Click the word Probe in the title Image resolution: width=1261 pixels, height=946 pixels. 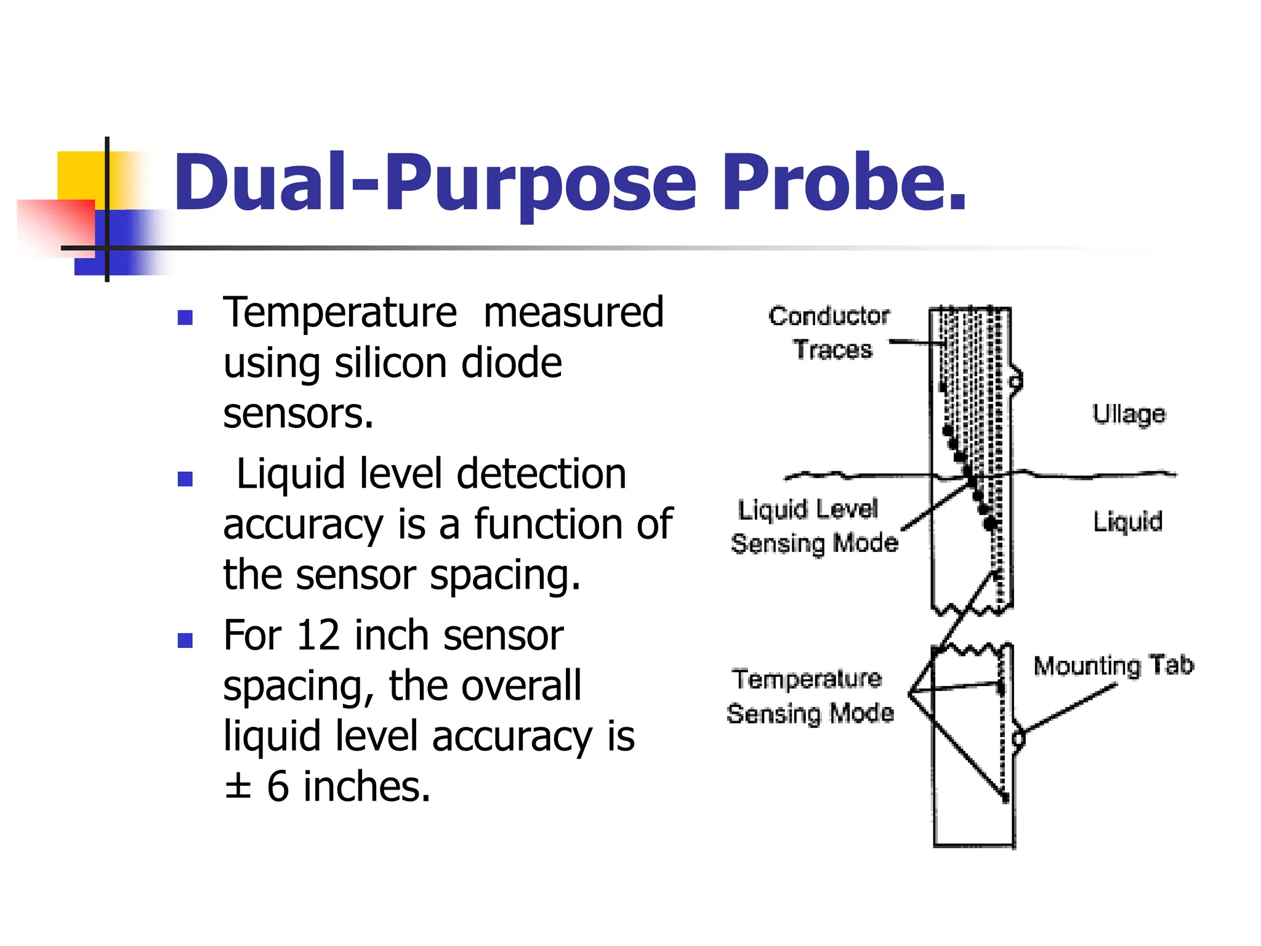pos(844,183)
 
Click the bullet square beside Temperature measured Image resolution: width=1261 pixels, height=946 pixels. pos(185,317)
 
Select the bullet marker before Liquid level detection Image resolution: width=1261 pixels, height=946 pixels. pos(185,479)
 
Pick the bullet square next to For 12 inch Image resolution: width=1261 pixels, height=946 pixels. pos(185,641)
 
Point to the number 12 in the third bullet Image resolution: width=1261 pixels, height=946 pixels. pos(318,636)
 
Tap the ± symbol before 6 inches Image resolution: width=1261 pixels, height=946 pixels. pos(238,786)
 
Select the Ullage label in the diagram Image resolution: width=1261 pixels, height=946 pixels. pos(1129,414)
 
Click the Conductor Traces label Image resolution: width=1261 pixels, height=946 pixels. pos(830,333)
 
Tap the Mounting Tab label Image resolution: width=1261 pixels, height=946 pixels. pos(1113,665)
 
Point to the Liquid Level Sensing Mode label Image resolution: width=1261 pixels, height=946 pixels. pos(813,527)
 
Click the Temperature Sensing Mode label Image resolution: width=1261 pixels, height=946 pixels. pos(809,696)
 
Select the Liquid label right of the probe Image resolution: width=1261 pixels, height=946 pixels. pos(1127,522)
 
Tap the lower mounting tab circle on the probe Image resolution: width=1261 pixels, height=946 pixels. pos(1018,738)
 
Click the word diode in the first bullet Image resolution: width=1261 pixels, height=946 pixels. pos(511,363)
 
